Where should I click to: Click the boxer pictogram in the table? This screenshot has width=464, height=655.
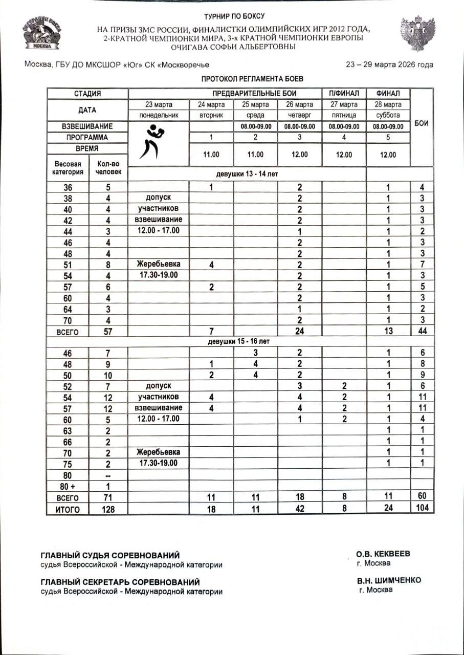[151, 142]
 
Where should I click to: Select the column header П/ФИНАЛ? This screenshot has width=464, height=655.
[344, 94]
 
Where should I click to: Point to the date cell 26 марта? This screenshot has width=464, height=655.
[299, 104]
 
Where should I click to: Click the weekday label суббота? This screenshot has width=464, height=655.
[388, 115]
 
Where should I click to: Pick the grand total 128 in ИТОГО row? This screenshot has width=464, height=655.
[108, 509]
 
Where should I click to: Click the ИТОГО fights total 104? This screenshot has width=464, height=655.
[422, 508]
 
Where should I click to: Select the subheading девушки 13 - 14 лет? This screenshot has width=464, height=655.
[247, 174]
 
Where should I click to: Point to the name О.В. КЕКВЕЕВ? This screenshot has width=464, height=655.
[383, 554]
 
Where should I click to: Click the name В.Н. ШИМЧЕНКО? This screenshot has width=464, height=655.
[389, 581]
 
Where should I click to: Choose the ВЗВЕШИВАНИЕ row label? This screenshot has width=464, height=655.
[87, 126]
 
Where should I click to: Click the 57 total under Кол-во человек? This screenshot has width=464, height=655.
[108, 331]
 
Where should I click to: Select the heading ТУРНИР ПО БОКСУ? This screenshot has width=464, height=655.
[234, 17]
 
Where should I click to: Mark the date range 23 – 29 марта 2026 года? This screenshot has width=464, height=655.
[389, 64]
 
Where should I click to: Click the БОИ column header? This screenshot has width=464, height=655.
[422, 124]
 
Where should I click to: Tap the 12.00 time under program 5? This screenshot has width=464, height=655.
[388, 154]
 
